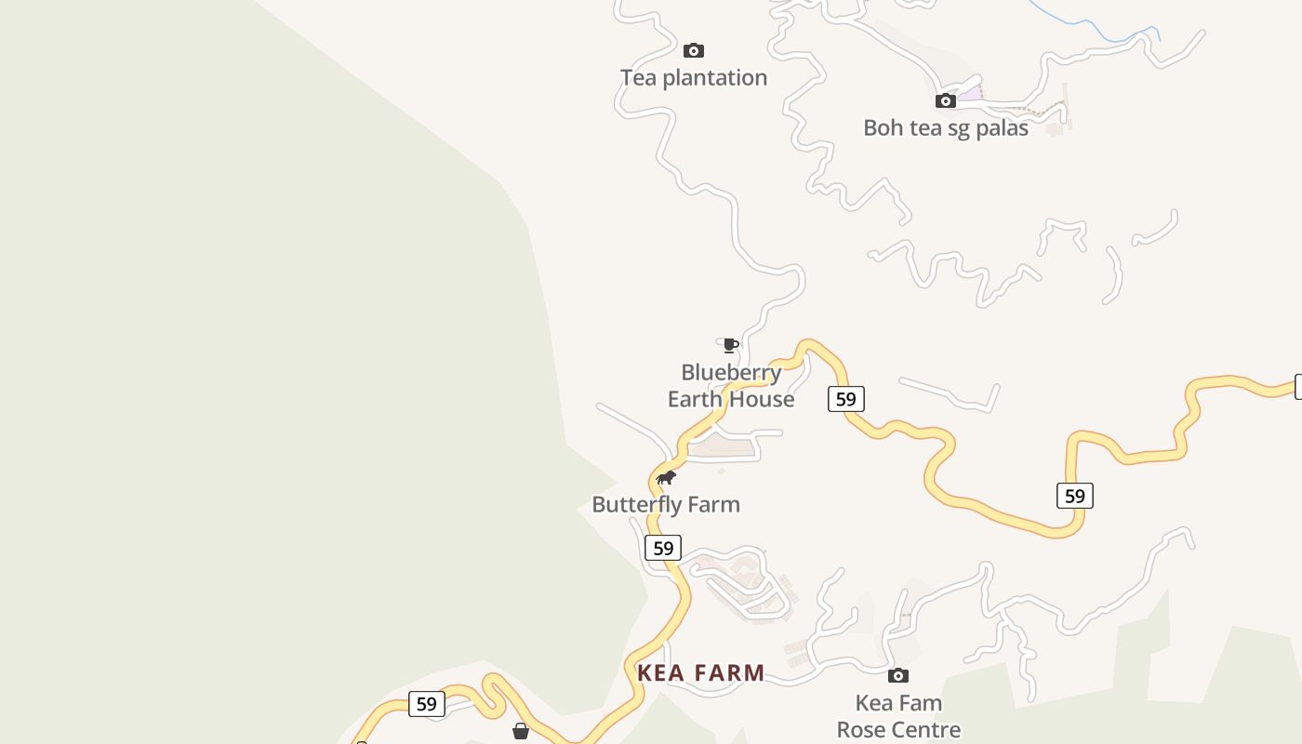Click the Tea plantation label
(694, 78)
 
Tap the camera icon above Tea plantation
(694, 50)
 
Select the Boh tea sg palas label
(945, 128)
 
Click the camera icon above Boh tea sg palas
(946, 100)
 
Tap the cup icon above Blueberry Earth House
(730, 346)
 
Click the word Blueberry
(731, 373)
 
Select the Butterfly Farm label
(666, 505)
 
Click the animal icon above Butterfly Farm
(666, 478)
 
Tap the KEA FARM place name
(701, 673)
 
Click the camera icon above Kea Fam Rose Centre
(898, 675)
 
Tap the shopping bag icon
(521, 732)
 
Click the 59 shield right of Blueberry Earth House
(845, 399)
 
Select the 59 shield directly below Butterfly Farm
(663, 548)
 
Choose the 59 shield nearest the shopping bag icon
(426, 704)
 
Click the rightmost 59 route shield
(1074, 496)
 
